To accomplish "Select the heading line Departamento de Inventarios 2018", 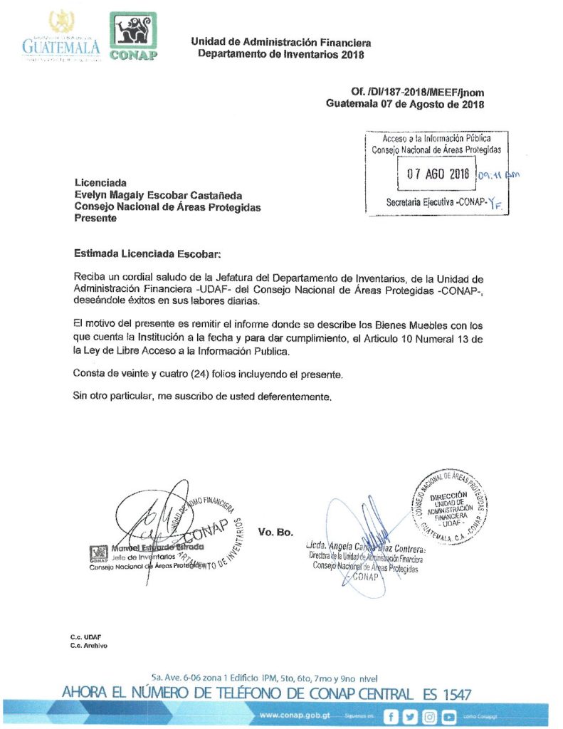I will [280, 54].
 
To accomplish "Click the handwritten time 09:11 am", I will [500, 174].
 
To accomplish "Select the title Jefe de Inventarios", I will [143, 557].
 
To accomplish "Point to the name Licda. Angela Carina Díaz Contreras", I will [367, 547].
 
